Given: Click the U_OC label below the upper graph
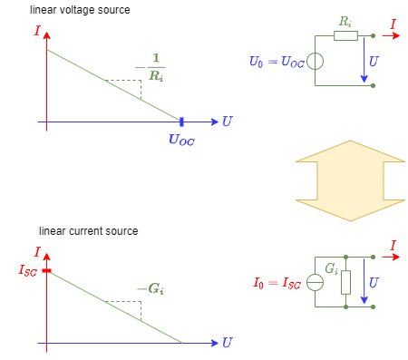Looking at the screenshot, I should point(181,140).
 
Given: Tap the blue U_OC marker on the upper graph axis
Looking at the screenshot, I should point(181,122).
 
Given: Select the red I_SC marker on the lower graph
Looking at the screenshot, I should point(47,270).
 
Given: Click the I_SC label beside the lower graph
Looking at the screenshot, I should point(28,269).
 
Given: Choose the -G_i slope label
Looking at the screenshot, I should point(151,289).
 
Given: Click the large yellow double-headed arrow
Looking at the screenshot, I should point(350,180).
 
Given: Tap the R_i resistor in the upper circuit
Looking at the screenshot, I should point(345,36).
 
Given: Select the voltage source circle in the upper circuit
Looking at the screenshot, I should point(315,62).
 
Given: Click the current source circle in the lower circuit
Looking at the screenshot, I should point(315,282).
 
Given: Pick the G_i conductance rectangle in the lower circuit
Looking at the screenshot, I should point(345,282).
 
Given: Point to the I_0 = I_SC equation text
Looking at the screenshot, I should point(277,283).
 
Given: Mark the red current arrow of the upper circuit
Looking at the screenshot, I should point(390,36).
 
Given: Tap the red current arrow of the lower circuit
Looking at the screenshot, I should point(390,258).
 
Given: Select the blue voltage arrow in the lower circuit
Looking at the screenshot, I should point(364,282).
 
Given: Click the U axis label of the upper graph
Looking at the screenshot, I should point(227,122).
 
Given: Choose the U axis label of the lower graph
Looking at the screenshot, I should point(227,343).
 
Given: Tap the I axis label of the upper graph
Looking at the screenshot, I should point(37,31).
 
